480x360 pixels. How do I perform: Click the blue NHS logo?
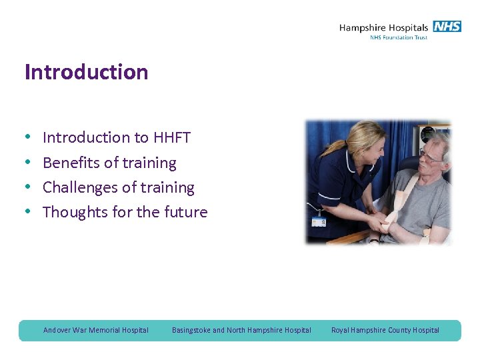click(x=447, y=27)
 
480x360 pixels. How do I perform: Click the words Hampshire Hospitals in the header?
click(x=383, y=28)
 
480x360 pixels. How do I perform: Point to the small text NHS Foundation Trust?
click(x=398, y=38)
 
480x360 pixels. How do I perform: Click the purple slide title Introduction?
click(x=86, y=72)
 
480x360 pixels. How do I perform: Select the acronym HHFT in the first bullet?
click(x=172, y=138)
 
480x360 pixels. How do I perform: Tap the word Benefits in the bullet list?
click(x=71, y=163)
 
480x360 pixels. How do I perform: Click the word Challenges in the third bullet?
click(x=81, y=188)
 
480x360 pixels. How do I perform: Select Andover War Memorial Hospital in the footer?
click(x=96, y=330)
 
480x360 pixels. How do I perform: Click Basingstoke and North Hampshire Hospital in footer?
click(x=241, y=330)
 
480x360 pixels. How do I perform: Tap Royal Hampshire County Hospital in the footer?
click(x=385, y=330)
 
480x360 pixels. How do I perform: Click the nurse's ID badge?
click(x=319, y=221)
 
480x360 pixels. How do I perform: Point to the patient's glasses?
click(x=431, y=157)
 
